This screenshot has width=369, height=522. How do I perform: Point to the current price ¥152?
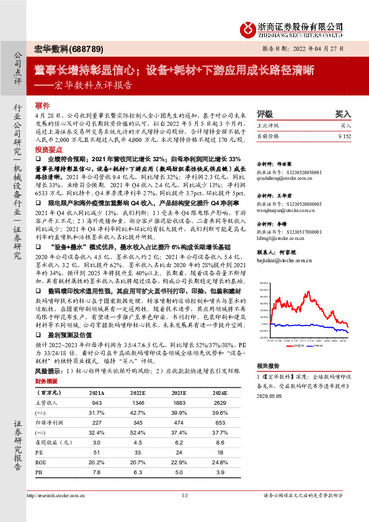[345, 136]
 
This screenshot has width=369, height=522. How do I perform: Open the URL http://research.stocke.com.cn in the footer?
[57, 495]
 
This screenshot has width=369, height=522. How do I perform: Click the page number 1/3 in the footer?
[184, 495]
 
